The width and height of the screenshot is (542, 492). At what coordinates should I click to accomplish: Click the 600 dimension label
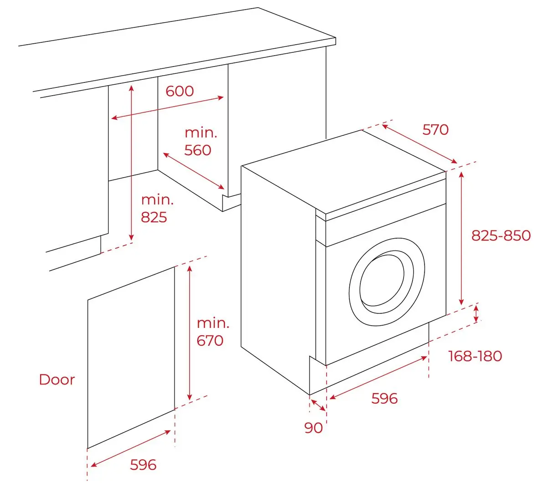pos(179,91)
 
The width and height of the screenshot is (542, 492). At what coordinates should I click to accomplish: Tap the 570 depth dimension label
pos(435,130)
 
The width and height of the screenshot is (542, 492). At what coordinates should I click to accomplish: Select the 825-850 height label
pos(501,236)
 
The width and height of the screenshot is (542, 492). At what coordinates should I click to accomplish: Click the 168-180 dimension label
pos(475,356)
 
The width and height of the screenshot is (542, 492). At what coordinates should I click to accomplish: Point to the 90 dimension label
pos(313,428)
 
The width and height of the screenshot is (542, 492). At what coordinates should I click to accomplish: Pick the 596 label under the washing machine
pos(384,399)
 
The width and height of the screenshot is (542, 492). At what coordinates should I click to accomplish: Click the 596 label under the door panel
pos(143,465)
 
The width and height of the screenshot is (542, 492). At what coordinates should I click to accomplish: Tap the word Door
pos(57,379)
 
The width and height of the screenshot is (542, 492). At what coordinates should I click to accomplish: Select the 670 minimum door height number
pos(210,340)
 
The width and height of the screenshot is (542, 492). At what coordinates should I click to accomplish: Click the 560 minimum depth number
pos(198,150)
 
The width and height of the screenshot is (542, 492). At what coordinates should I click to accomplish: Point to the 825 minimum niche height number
pos(154,217)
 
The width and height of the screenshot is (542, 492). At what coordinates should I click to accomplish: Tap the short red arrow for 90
pos(318,405)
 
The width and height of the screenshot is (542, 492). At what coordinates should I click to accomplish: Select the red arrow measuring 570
pos(419,144)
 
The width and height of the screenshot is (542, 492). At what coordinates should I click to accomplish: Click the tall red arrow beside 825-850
pos(461,238)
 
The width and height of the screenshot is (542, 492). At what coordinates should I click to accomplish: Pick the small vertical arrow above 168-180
pos(476,314)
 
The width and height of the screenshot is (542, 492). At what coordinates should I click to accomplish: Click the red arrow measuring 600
pos(168,108)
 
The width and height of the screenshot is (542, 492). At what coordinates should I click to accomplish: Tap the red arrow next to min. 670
pos(190,332)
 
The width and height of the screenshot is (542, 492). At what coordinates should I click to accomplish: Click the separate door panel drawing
pos(131,358)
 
